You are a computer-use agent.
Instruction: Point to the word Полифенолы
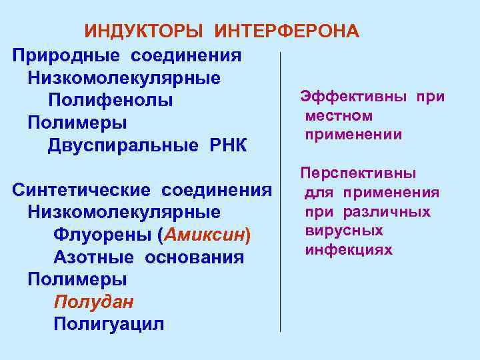pyautogui.click(x=111, y=100)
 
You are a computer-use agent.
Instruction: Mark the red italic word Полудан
pyautogui.click(x=93, y=302)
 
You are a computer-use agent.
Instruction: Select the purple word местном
pyautogui.click(x=339, y=116)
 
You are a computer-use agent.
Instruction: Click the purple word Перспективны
pyautogui.click(x=358, y=173)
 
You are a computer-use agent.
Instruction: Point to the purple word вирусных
pyautogui.click(x=344, y=231)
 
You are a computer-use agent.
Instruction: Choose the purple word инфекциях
pyautogui.click(x=349, y=250)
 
